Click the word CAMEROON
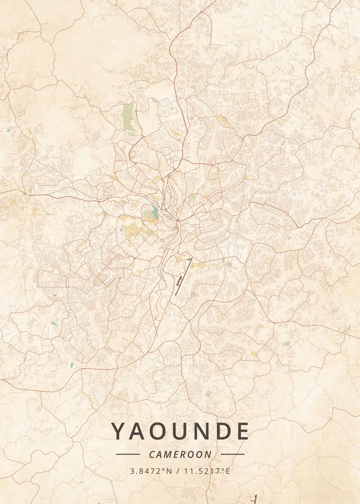(x=180, y=454)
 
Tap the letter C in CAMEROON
(x=152, y=454)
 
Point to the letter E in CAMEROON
(x=178, y=454)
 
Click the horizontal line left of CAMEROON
(x=128, y=454)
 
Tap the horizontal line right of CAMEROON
(x=232, y=454)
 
